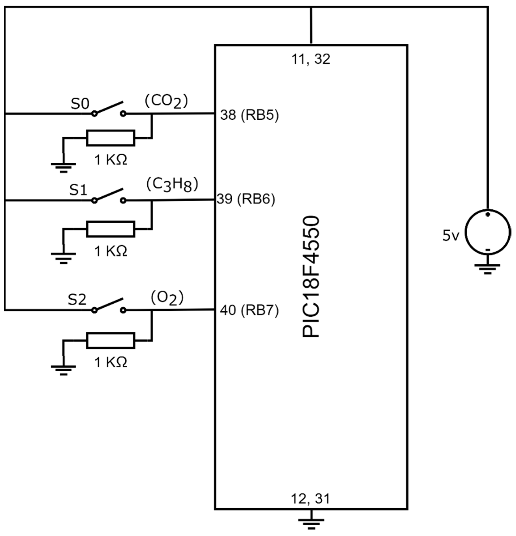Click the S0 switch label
coord(80,104)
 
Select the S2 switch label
coord(77,300)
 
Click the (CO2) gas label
coord(166,102)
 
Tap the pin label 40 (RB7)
coord(249,310)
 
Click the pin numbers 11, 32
coord(311,59)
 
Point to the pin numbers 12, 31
coord(311,499)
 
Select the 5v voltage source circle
coord(488,232)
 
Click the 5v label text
coord(451,236)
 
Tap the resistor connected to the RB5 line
coord(110,138)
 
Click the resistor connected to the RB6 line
coord(110,229)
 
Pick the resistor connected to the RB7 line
coord(110,340)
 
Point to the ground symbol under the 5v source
coord(488,268)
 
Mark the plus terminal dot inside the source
coord(488,215)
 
